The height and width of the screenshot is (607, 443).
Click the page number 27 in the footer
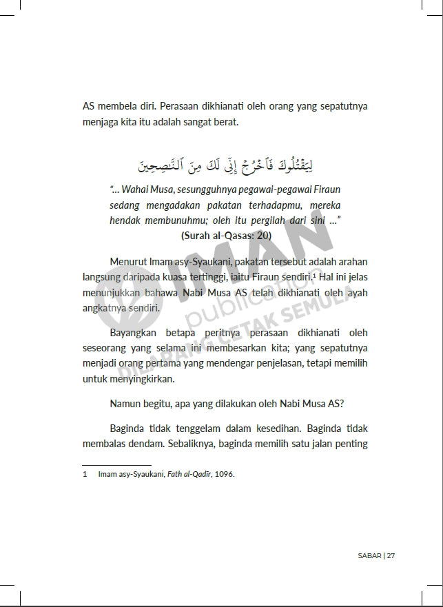tap(391, 556)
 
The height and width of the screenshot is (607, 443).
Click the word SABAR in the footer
tap(369, 556)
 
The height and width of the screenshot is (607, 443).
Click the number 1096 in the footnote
tap(225, 474)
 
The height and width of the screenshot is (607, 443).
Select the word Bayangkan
tap(135, 333)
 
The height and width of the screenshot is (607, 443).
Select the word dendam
tap(147, 443)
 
